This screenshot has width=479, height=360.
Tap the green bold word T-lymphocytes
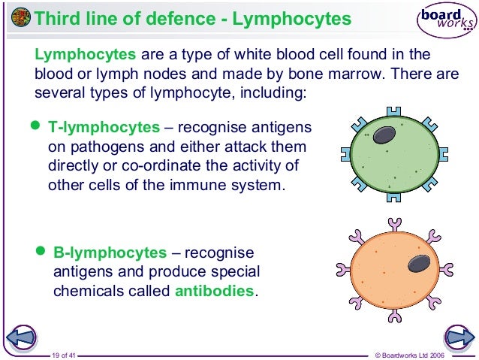point(104,127)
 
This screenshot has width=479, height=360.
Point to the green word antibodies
point(214,291)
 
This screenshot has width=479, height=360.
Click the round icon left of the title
point(22,17)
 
